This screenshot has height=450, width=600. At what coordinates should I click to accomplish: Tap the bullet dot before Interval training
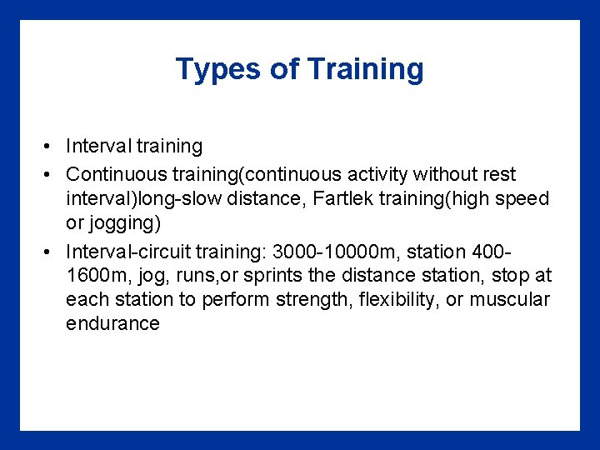50,147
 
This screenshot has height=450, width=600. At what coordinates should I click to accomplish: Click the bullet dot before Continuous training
50,175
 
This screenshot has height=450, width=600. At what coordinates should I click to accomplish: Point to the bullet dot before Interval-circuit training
50,252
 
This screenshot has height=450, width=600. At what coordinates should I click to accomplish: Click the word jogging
122,224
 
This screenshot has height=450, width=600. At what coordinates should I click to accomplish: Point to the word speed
524,199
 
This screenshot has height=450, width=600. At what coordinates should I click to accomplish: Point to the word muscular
509,299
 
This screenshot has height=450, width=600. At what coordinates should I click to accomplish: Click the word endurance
112,323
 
